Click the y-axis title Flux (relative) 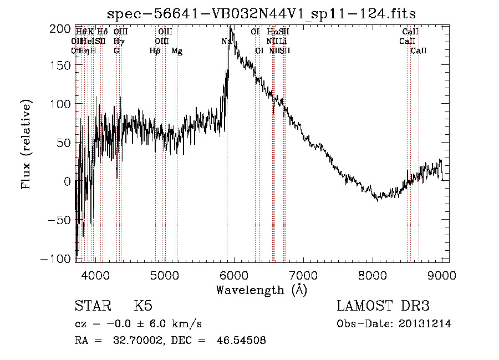tap(27, 144)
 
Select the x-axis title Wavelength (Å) tap(261, 290)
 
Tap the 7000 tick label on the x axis tap(303, 274)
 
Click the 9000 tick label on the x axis tap(442, 274)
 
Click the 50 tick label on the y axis tap(65, 143)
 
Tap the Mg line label tap(177, 51)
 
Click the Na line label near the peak tap(226, 41)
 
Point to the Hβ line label tap(155, 51)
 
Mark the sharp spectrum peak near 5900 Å tap(230, 28)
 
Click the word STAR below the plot tap(92, 306)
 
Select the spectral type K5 tap(143, 306)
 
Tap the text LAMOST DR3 tap(383, 306)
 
